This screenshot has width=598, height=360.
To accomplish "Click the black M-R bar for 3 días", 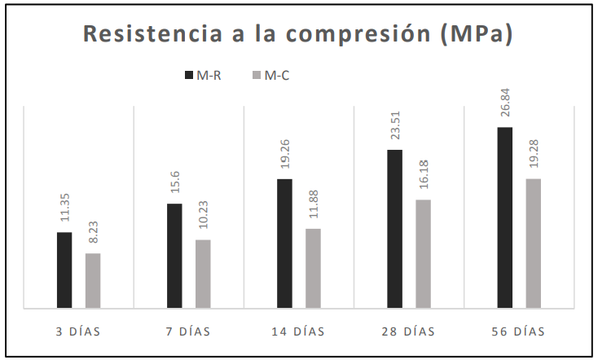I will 64,270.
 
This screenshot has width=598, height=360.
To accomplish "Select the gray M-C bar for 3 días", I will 93,281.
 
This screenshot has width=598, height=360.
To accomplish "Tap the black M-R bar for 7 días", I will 174,256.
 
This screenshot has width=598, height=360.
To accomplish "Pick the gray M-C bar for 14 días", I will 313,269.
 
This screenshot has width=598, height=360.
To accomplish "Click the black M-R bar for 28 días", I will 394,229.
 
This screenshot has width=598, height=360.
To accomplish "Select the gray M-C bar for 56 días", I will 533,244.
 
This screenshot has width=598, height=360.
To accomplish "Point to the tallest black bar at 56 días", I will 504,217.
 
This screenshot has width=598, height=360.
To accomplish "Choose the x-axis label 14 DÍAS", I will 298,331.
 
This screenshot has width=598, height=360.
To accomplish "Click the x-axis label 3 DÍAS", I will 78,331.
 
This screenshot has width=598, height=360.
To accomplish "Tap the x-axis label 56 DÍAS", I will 518,331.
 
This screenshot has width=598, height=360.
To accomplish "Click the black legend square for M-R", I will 188,76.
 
